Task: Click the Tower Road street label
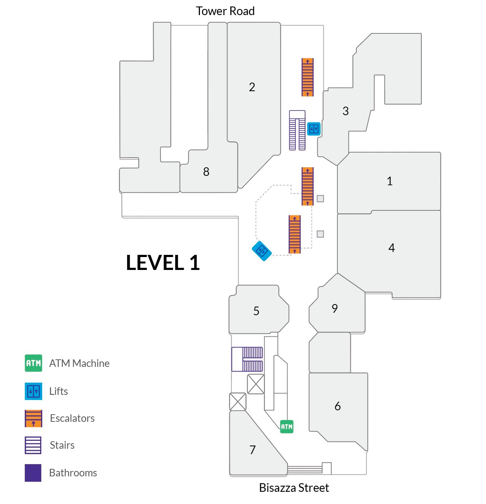click(225, 11)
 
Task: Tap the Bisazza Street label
click(294, 487)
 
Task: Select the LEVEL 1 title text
click(163, 263)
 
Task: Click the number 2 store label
click(252, 87)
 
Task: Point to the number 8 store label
click(206, 172)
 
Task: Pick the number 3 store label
click(345, 111)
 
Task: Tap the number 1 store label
click(390, 181)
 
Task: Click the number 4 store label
click(392, 248)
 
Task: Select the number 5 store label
click(256, 311)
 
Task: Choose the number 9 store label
click(335, 308)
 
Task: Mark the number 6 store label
click(338, 406)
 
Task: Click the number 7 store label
click(252, 450)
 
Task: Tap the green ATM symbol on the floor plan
click(287, 426)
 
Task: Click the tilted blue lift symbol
click(262, 251)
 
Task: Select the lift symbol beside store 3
click(314, 129)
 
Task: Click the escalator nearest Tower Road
click(307, 77)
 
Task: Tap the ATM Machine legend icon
click(33, 363)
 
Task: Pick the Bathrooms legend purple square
click(33, 473)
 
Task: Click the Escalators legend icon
click(33, 418)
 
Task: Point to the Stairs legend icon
click(33, 445)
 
